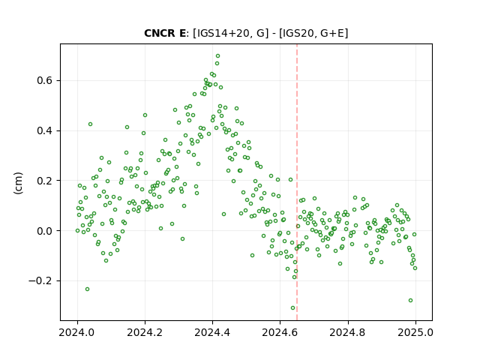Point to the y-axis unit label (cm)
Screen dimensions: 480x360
(18, 183)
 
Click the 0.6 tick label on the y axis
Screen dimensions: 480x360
(45, 80)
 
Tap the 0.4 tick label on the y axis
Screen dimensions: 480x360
(45, 130)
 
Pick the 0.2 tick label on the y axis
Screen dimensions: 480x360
(45, 181)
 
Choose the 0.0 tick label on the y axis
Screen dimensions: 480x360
(45, 231)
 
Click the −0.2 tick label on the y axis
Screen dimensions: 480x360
(40, 280)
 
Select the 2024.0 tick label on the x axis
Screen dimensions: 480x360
(77, 332)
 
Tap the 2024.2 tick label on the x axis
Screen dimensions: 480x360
(145, 332)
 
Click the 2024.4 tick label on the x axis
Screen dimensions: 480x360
(212, 332)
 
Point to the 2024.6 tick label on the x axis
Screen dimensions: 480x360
(280, 332)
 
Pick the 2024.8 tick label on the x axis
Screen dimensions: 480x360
(348, 332)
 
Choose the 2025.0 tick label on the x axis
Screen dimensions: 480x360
(415, 332)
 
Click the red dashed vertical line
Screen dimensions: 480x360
(297, 182)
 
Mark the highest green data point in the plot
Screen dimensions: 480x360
(217, 56)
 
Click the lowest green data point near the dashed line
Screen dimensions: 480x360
(292, 308)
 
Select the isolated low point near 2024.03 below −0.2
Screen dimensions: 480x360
(87, 289)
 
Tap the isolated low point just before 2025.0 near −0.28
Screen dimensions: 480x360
(410, 301)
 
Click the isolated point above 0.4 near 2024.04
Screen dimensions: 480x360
(90, 124)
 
